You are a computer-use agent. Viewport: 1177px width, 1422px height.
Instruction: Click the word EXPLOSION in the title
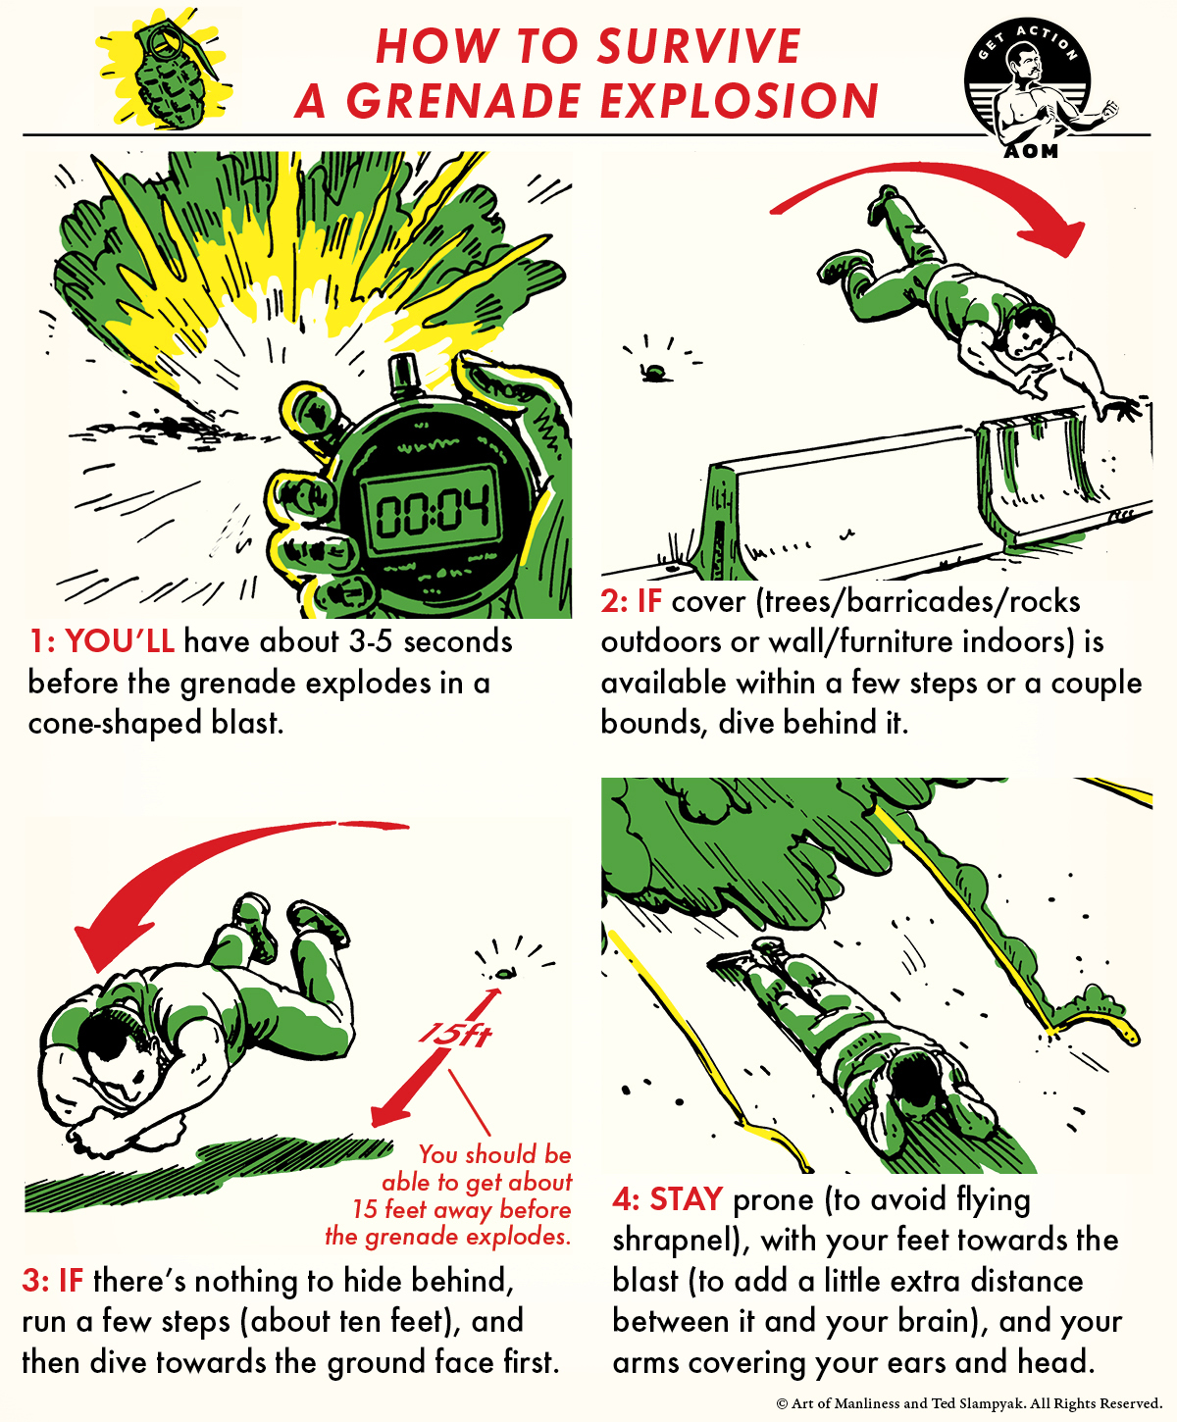(x=739, y=101)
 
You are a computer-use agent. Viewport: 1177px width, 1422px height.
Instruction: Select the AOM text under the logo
(x=1031, y=150)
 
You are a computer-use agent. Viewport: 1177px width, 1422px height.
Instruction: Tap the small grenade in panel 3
(x=504, y=974)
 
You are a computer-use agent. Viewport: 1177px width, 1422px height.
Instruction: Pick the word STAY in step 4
(x=686, y=1199)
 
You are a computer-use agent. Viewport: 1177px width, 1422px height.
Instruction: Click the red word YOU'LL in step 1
(x=120, y=641)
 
